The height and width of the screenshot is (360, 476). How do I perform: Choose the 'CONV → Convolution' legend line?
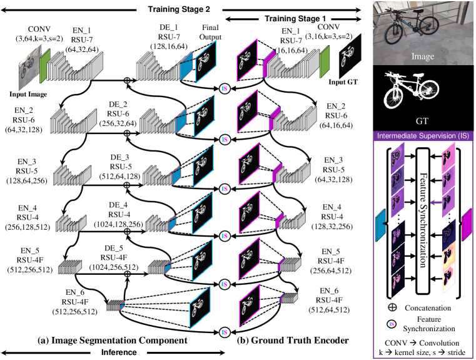[423, 342]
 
